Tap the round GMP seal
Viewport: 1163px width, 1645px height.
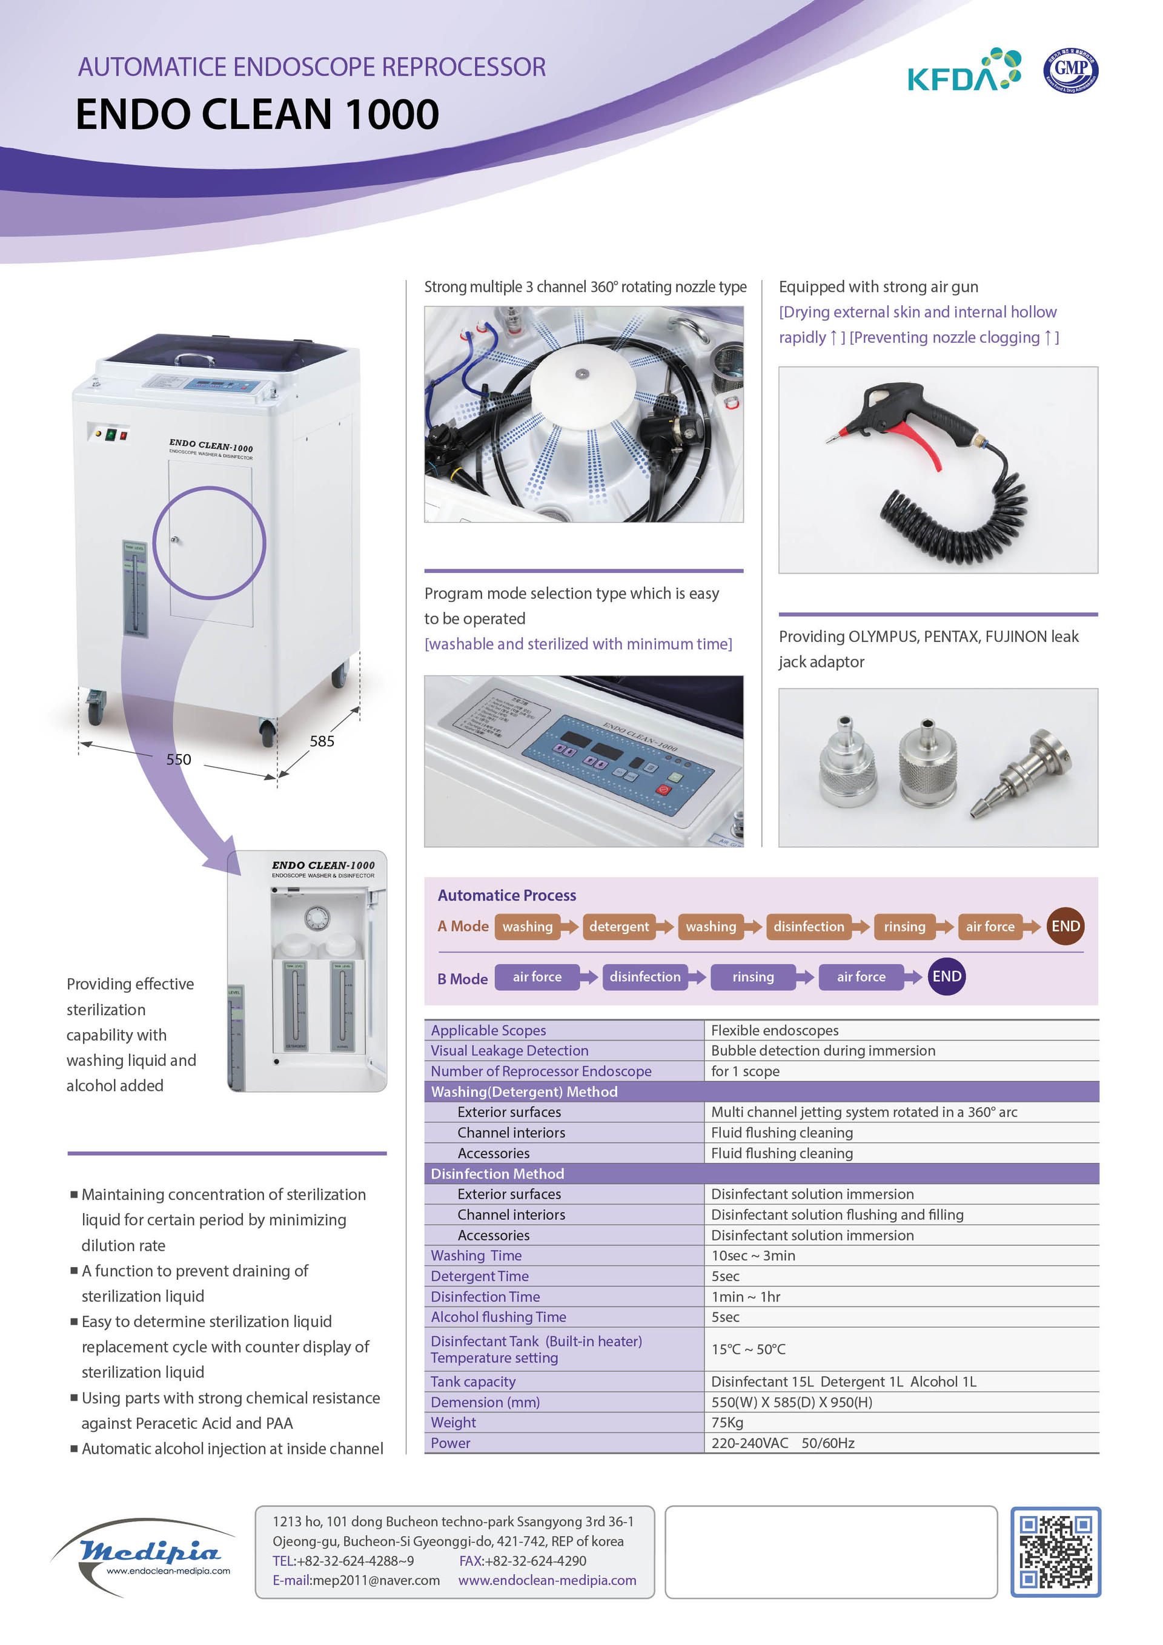pyautogui.click(x=1070, y=70)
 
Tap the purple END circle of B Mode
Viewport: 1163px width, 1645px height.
pyautogui.click(x=946, y=976)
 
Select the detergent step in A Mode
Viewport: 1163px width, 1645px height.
pyautogui.click(x=618, y=927)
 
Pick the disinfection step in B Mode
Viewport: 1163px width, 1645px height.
pyautogui.click(x=645, y=976)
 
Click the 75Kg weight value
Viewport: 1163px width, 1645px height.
pyautogui.click(x=727, y=1422)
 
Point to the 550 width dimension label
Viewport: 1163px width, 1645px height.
pyautogui.click(x=179, y=760)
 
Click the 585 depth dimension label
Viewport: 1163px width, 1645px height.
pyautogui.click(x=322, y=741)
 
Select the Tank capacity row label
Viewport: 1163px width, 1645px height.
pyautogui.click(x=473, y=1382)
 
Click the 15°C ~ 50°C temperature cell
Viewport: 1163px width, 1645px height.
pyautogui.click(x=748, y=1349)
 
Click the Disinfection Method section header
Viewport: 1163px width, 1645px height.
pyautogui.click(x=497, y=1174)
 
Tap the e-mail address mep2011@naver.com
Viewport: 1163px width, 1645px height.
pyautogui.click(x=356, y=1580)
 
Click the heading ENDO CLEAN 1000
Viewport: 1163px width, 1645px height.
pyautogui.click(x=257, y=114)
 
